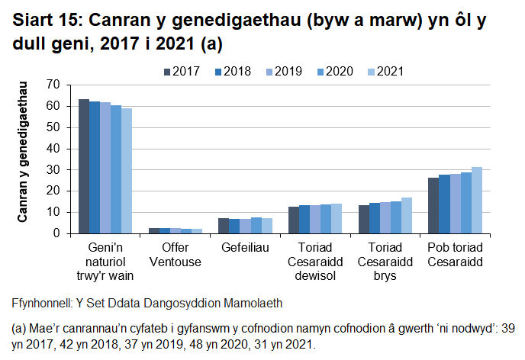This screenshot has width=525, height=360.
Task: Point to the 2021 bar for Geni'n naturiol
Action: (127, 171)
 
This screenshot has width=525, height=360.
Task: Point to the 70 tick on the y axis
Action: (53, 84)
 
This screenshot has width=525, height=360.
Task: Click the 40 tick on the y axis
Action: (53, 148)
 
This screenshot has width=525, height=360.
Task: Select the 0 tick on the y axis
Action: (56, 233)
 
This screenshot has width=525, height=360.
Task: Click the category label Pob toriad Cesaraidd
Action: (455, 255)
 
